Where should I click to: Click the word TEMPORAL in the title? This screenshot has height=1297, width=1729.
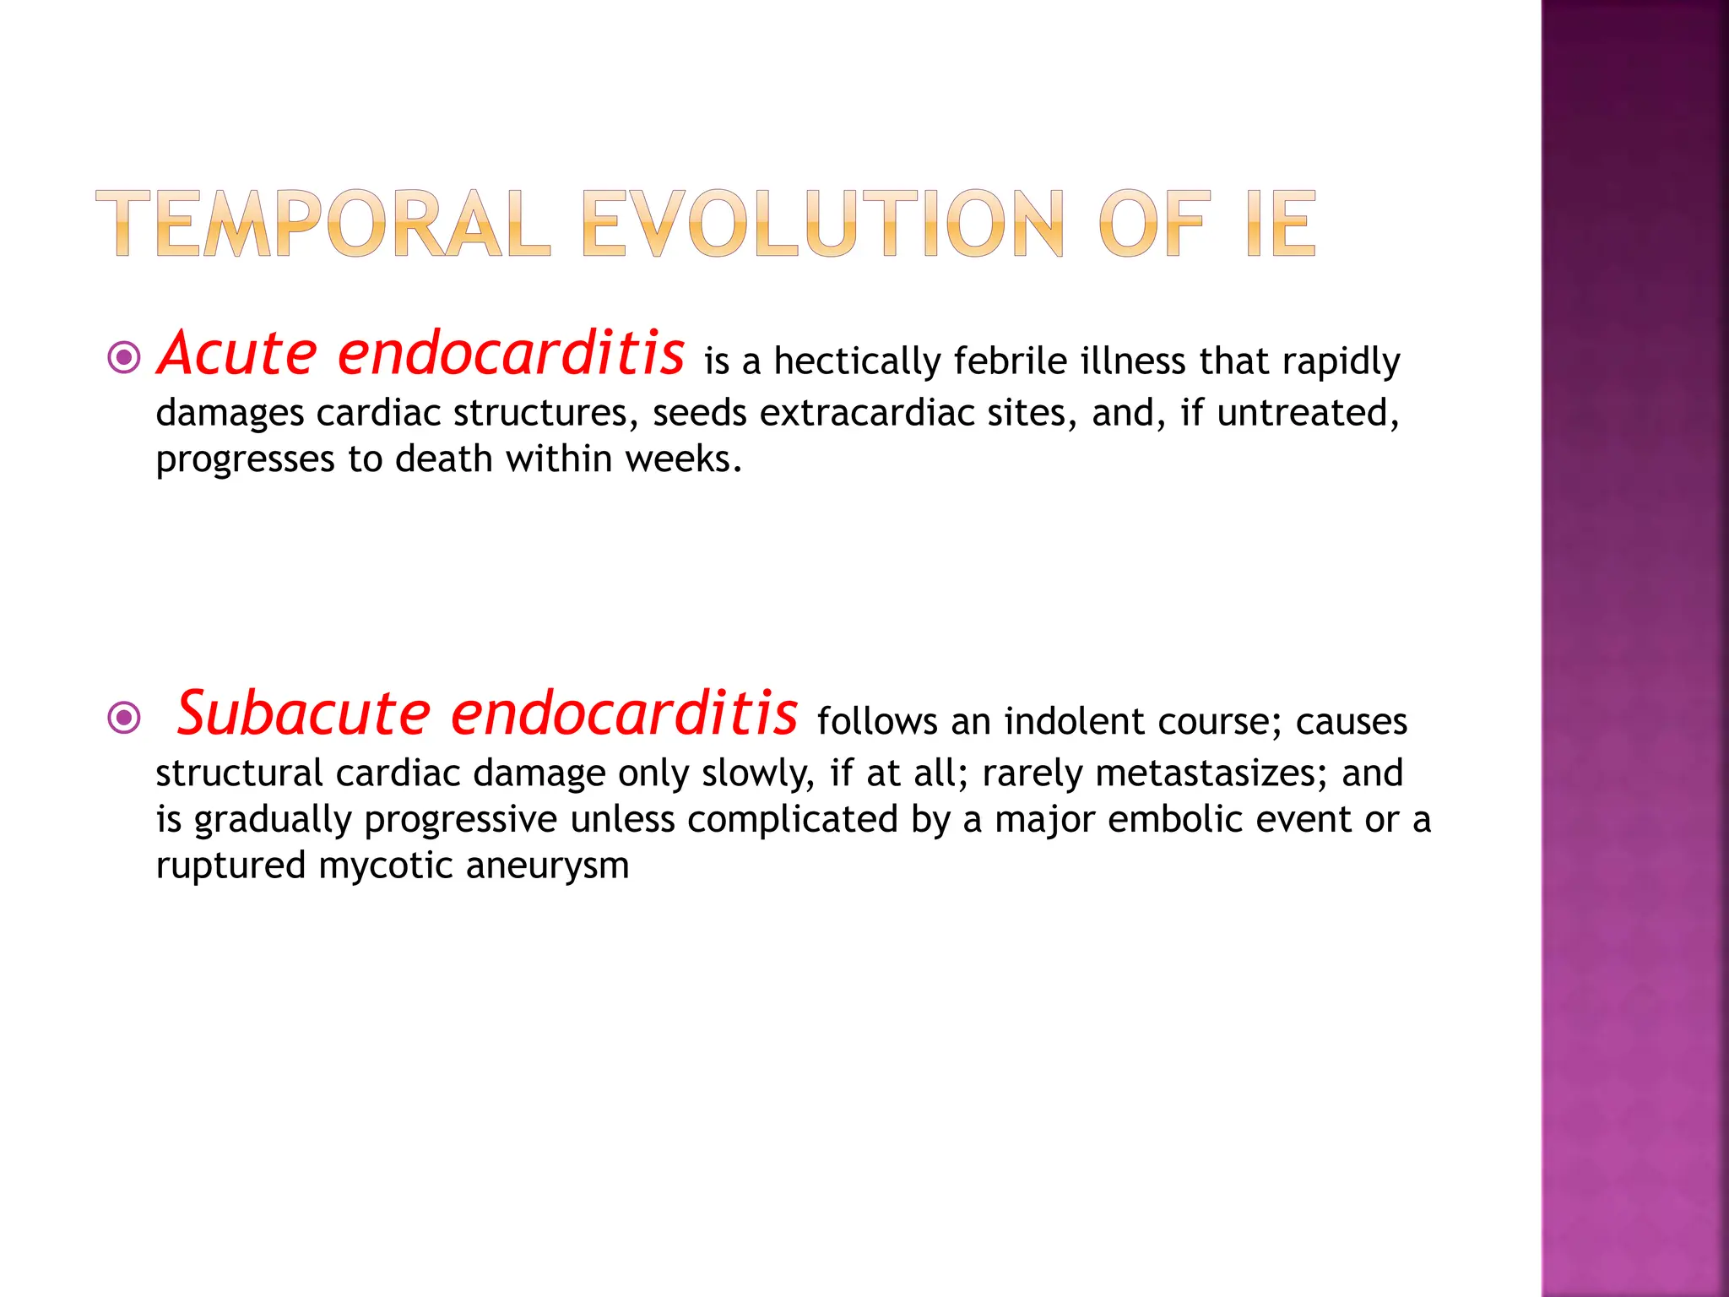pos(323,224)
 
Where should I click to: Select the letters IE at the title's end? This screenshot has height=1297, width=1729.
pos(1281,224)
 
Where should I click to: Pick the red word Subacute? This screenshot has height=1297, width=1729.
pos(304,714)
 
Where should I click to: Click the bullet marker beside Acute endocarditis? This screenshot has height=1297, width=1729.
pos(125,358)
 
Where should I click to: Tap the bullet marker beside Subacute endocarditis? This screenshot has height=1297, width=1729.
pos(125,719)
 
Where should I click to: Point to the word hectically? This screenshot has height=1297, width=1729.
pos(857,362)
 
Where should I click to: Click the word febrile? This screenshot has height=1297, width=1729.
pos(1010,362)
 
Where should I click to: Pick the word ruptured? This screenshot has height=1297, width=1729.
pos(230,866)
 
